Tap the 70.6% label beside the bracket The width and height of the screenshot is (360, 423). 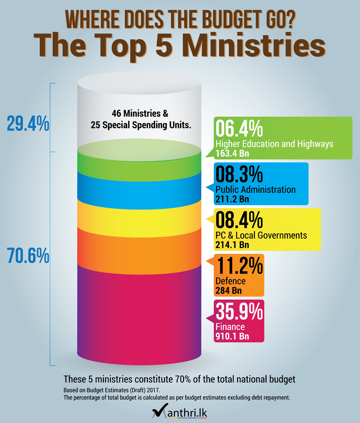28,255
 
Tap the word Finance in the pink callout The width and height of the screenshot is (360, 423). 230,327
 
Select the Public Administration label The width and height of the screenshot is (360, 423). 255,189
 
